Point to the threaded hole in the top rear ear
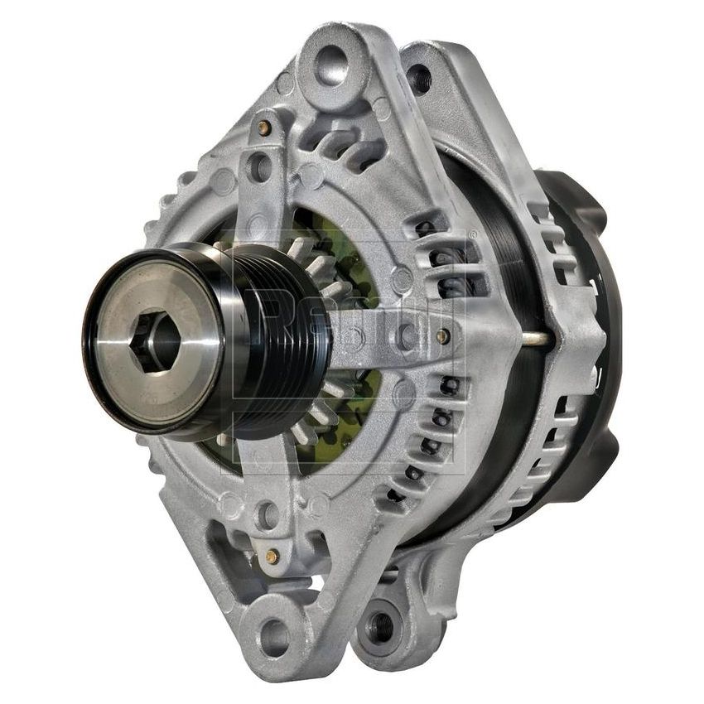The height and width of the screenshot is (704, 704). (x=419, y=80)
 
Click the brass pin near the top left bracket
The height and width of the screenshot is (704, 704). (x=263, y=128)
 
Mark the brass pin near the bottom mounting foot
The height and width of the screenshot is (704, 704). (x=270, y=557)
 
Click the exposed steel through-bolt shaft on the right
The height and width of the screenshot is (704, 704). (x=534, y=339)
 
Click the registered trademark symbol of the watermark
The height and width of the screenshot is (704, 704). (x=473, y=235)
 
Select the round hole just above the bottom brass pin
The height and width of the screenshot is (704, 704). (x=267, y=515)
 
